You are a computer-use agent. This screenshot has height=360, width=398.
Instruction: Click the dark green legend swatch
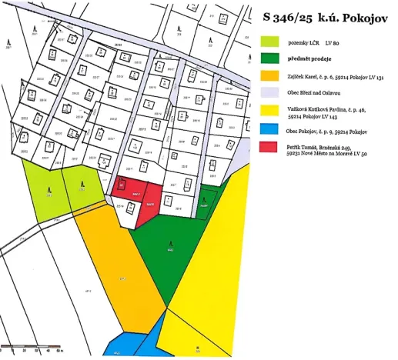click(x=269, y=58)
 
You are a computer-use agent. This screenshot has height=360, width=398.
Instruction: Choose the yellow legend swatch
click(x=269, y=113)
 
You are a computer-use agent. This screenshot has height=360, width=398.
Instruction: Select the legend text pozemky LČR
click(x=302, y=43)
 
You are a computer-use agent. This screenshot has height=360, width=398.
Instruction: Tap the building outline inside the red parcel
click(x=121, y=185)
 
